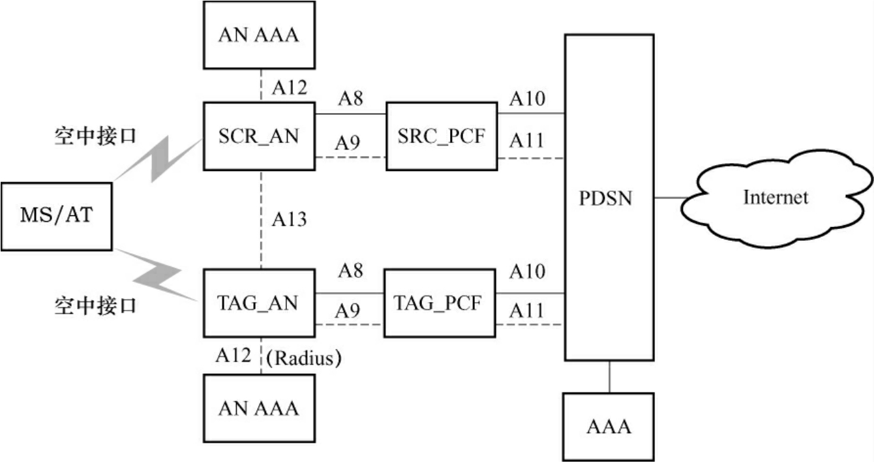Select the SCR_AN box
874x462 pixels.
pos(260,136)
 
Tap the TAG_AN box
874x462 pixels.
pos(260,303)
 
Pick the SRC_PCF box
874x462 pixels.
pos(441,136)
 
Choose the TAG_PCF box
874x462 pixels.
pos(439,303)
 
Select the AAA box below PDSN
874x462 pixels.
pos(609,426)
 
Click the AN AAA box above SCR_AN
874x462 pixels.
pos(259,35)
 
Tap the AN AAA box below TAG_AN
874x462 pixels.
pos(259,408)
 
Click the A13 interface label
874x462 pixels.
pos(289,219)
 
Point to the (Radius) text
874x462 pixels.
pos(305,357)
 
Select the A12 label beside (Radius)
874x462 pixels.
pos(234,356)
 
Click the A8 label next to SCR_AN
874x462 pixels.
pos(350,99)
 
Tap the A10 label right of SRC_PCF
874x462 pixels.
pos(528,99)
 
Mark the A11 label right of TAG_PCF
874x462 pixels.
pos(527,310)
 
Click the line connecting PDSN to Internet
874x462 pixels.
pos(668,197)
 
